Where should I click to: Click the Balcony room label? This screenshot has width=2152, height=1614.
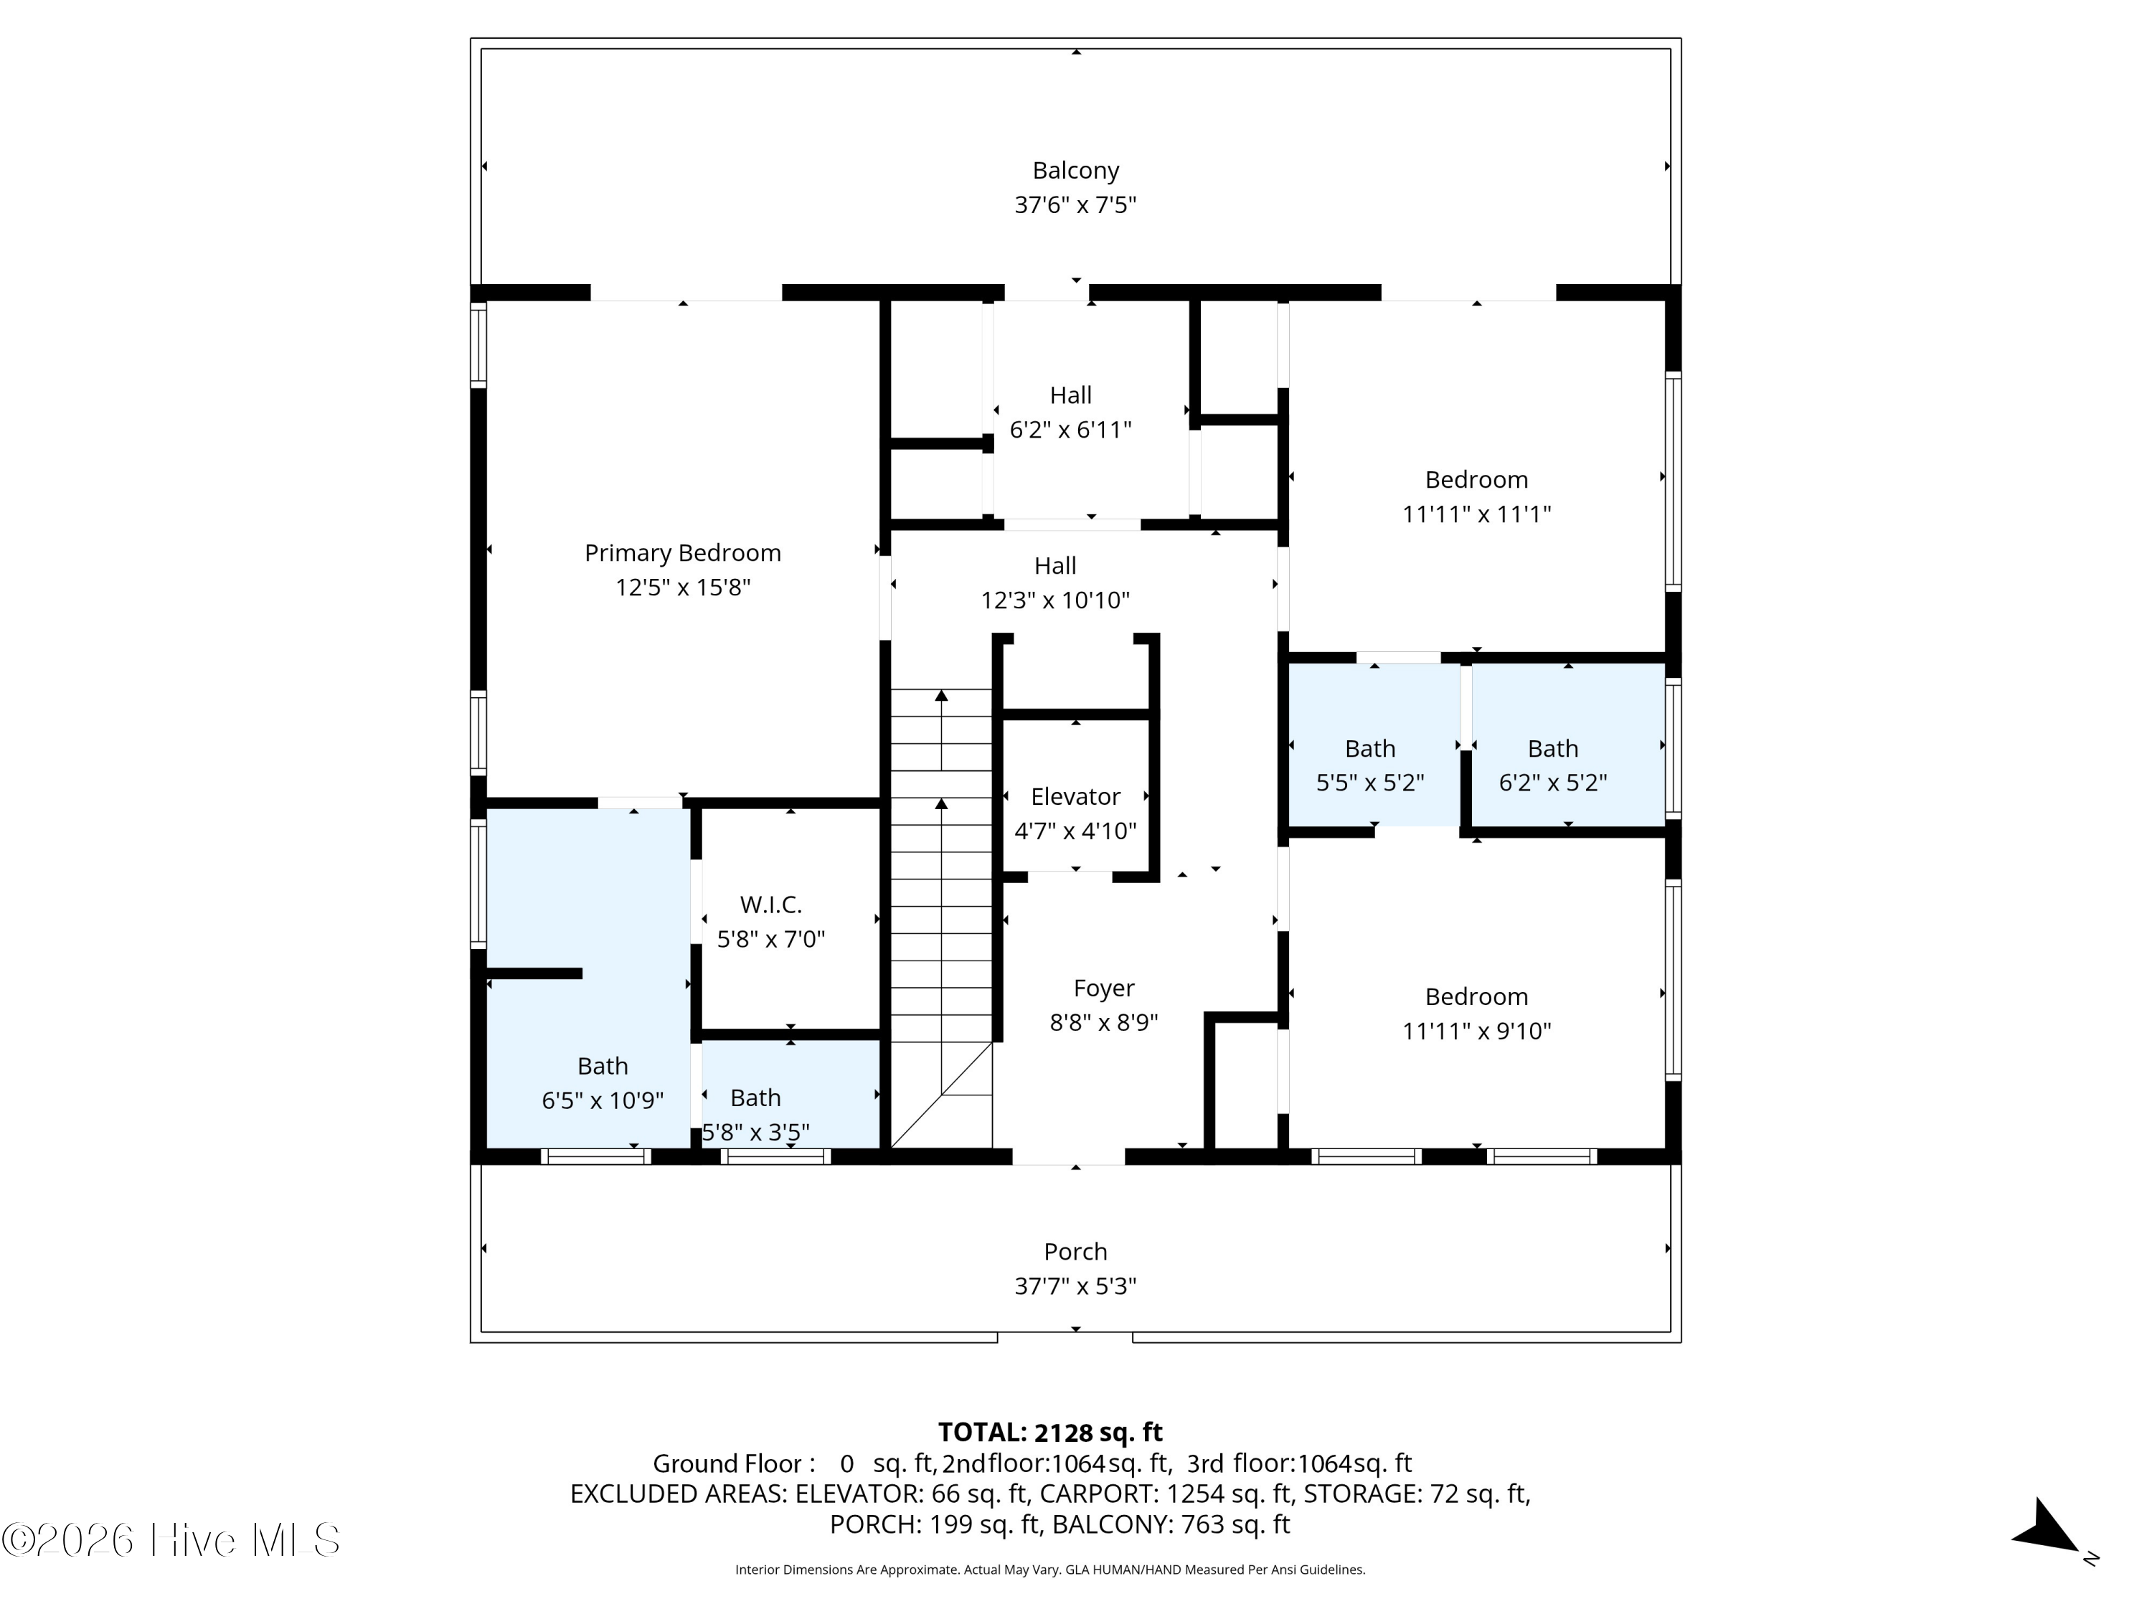1075,170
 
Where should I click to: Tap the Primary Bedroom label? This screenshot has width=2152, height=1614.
683,552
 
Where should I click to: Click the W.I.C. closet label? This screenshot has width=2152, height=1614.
770,905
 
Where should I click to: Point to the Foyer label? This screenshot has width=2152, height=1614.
1103,988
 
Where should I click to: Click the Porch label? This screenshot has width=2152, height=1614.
1075,1251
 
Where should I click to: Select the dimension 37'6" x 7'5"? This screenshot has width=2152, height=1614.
1075,205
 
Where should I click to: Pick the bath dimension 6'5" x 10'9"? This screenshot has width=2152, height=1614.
603,1100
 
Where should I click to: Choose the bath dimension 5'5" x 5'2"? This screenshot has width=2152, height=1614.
1370,783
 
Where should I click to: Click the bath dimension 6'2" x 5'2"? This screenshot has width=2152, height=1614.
1553,783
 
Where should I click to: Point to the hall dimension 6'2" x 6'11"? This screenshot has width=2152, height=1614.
1070,430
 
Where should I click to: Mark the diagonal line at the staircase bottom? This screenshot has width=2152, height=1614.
942,1095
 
